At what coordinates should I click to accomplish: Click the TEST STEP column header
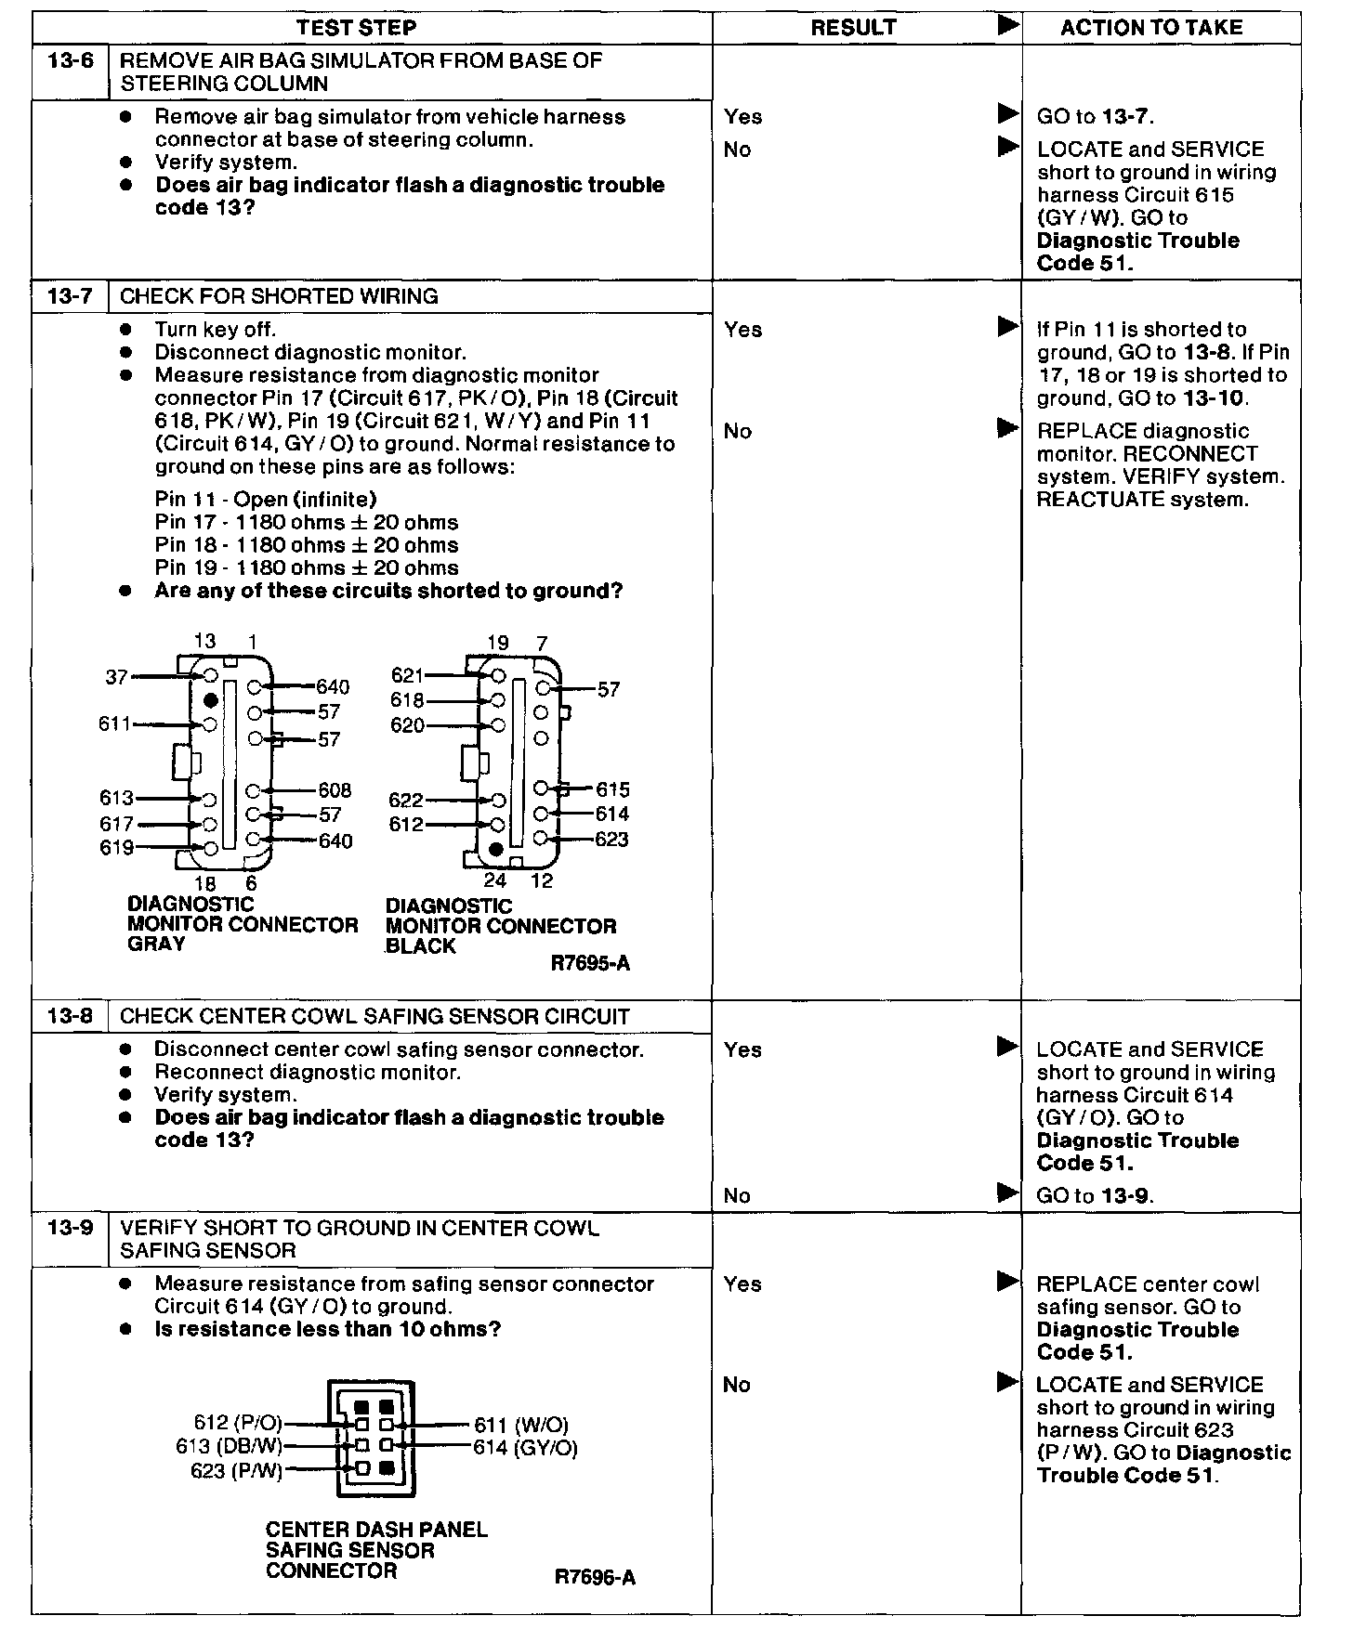tap(356, 28)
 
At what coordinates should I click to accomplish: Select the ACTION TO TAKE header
tap(1150, 28)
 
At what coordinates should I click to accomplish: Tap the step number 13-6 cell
tap(71, 62)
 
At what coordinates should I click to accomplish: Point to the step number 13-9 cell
tap(71, 1228)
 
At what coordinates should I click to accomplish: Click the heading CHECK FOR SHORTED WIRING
tap(279, 296)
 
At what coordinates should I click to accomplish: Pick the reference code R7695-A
tap(590, 963)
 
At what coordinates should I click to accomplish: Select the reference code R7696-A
tap(595, 1577)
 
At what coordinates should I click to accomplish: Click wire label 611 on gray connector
tap(115, 723)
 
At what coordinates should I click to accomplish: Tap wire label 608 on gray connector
tap(335, 790)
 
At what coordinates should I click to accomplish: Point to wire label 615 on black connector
tap(612, 790)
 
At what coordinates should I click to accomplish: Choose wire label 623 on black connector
tap(611, 840)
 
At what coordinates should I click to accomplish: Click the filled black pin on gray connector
tap(211, 700)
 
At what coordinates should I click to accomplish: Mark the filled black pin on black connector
tap(496, 849)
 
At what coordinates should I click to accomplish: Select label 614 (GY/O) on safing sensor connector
tap(525, 1448)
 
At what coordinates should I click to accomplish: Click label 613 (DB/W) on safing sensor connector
tap(229, 1448)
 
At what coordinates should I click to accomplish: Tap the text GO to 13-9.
tap(1095, 1196)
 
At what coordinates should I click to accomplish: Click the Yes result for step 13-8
tap(742, 1050)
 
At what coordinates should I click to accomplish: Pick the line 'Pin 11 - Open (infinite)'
tap(266, 500)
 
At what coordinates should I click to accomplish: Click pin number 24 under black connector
tap(495, 880)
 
